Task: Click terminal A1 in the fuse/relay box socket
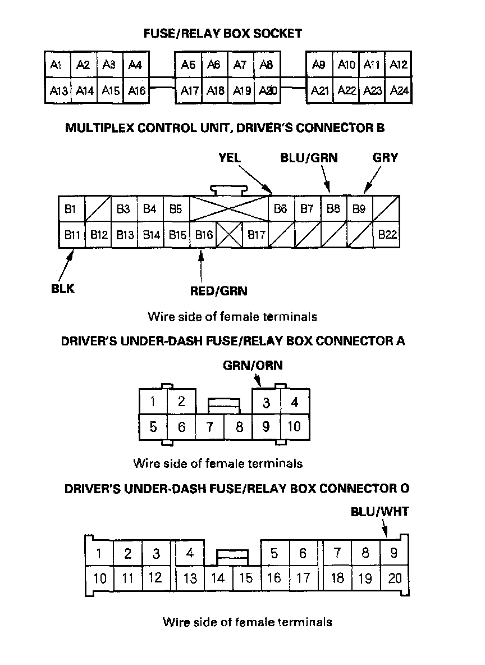(x=57, y=65)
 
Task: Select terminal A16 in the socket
(x=136, y=90)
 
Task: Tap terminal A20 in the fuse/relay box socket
(x=267, y=90)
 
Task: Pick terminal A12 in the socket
(x=399, y=65)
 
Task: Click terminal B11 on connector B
(x=71, y=235)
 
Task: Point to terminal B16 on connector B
(x=203, y=235)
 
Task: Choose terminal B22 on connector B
(x=387, y=235)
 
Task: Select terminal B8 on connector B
(x=333, y=209)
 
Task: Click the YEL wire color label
(x=230, y=158)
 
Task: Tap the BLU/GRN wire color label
(x=309, y=158)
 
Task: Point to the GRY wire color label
(x=385, y=158)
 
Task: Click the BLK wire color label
(x=62, y=290)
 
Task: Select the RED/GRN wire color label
(x=219, y=291)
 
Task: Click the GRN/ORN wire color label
(x=253, y=366)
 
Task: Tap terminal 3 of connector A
(x=267, y=402)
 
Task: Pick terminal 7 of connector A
(x=210, y=427)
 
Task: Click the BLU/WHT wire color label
(x=380, y=512)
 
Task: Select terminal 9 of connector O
(x=394, y=553)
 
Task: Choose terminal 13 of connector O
(x=190, y=578)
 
